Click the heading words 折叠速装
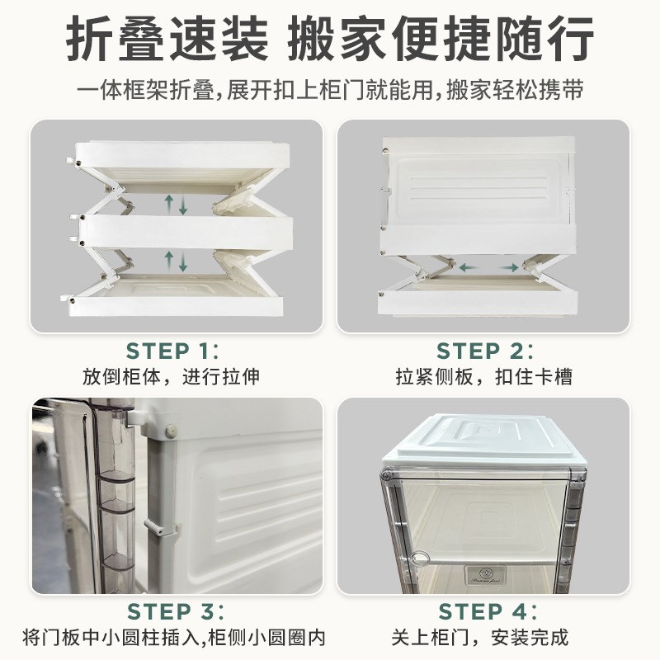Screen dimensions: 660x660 coord(166,39)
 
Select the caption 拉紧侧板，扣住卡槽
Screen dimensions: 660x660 coord(484,377)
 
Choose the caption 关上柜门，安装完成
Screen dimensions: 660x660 coord(484,638)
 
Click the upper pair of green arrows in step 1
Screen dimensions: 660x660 coord(177,202)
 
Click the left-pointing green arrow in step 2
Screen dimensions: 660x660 coord(471,267)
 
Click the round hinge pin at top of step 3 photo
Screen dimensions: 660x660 coord(172,430)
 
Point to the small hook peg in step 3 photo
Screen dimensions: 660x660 coord(158,526)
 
